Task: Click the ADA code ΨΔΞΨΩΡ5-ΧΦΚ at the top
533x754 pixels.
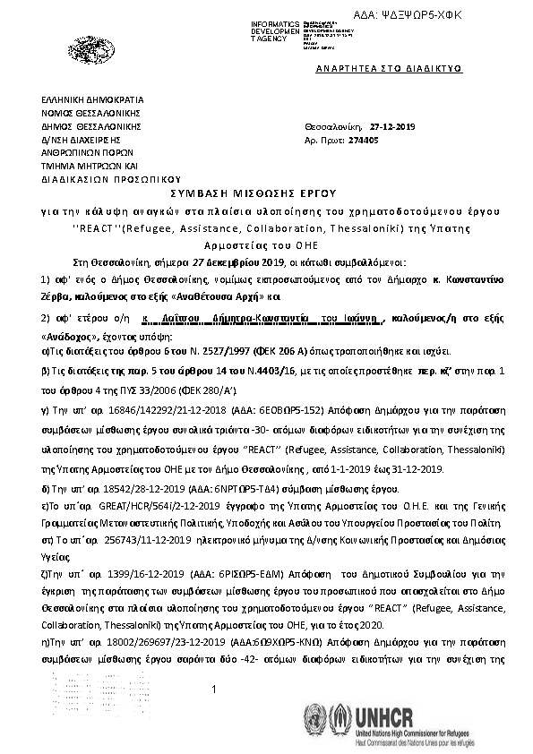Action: (479, 16)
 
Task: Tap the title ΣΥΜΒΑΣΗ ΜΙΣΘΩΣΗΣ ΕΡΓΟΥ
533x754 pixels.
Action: (266, 193)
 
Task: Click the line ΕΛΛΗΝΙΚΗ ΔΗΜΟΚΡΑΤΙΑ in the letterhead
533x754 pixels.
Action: (91, 100)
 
